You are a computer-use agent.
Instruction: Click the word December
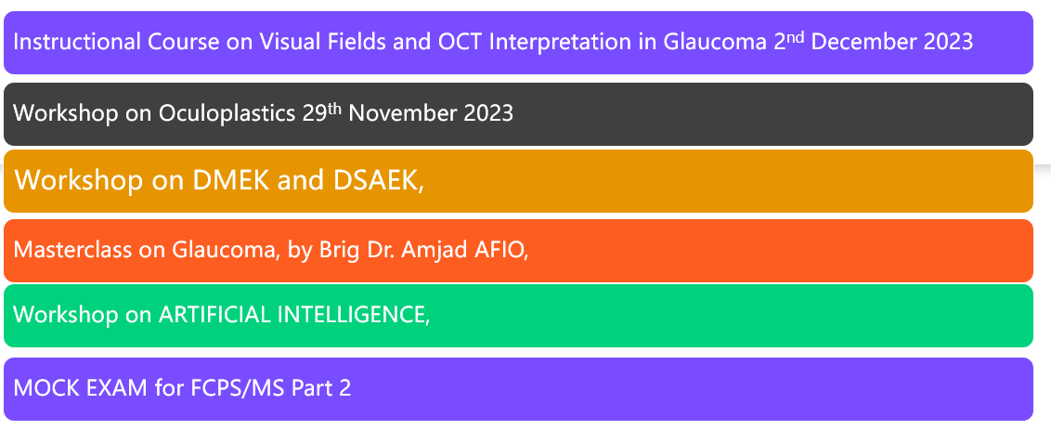(x=864, y=42)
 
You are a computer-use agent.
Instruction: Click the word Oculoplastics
(x=227, y=112)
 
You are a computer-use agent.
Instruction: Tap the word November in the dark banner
(x=403, y=112)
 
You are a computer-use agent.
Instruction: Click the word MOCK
(x=42, y=387)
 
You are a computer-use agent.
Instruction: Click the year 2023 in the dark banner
(x=488, y=112)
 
